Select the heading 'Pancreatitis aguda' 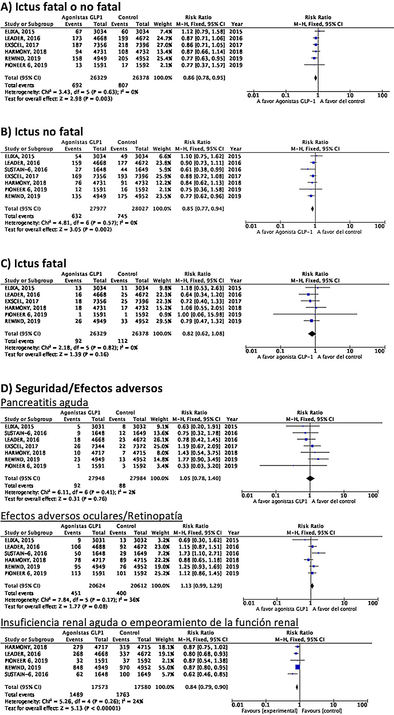(44, 402)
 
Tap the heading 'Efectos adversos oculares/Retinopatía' (92, 516)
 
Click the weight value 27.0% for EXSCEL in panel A (164, 45)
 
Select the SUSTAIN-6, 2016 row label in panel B (26, 170)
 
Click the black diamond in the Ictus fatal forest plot (312, 334)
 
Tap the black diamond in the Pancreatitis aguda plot (310, 478)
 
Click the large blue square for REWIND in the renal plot (298, 667)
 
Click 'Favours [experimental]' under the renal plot (269, 711)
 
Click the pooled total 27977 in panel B (98, 209)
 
